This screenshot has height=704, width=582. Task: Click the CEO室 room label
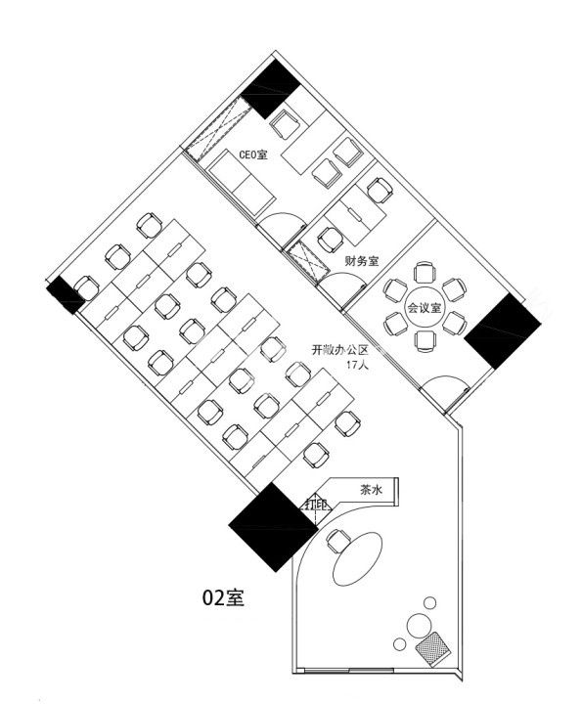(x=253, y=154)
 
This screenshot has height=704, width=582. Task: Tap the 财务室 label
(x=362, y=261)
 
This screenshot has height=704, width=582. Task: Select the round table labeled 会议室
(x=425, y=308)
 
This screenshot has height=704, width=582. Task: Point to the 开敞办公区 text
(x=340, y=350)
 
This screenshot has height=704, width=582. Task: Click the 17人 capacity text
(x=357, y=365)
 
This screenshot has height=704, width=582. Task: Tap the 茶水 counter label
(x=371, y=490)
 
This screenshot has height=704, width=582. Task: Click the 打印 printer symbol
(x=316, y=505)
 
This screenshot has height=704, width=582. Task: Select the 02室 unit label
(x=223, y=597)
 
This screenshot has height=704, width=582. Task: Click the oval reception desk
(x=357, y=557)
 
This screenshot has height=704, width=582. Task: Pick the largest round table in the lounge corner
(x=420, y=625)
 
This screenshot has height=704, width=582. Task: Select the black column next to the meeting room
(x=503, y=330)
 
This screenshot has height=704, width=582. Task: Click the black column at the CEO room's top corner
(x=271, y=89)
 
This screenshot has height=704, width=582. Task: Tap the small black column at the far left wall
(x=66, y=295)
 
